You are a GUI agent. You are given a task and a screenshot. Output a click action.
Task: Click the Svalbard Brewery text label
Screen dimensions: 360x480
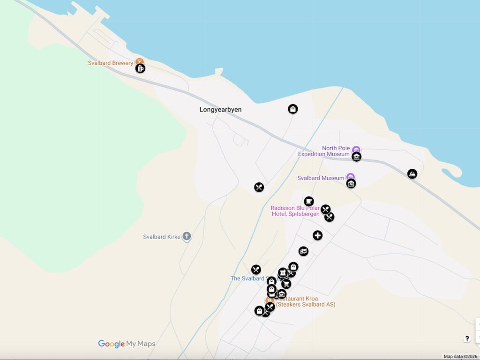pyautogui.click(x=111, y=63)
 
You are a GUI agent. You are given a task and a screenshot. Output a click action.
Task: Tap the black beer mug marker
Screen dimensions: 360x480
pyautogui.click(x=140, y=68)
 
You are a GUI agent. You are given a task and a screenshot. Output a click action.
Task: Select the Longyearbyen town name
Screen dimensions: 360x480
pyautogui.click(x=220, y=110)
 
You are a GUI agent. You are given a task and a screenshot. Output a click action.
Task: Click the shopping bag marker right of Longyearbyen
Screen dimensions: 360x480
pyautogui.click(x=293, y=109)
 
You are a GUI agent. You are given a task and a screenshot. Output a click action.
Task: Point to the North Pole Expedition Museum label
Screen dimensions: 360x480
pyautogui.click(x=324, y=151)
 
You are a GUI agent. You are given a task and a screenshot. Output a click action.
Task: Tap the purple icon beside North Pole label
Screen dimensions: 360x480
pyautogui.click(x=356, y=150)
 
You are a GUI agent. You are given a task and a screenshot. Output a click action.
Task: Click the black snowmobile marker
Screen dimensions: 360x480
pyautogui.click(x=412, y=174)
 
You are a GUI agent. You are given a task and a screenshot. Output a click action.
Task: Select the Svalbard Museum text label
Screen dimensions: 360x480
pyautogui.click(x=321, y=178)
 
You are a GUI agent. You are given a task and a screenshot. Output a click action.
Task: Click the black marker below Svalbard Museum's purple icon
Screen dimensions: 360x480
pyautogui.click(x=351, y=184)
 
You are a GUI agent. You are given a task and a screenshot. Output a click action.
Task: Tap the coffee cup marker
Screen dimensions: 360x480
pyautogui.click(x=308, y=201)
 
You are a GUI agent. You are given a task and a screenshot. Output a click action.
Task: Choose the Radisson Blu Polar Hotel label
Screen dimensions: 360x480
pyautogui.click(x=295, y=211)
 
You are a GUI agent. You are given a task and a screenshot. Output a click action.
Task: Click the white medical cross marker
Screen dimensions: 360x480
pyautogui.click(x=318, y=235)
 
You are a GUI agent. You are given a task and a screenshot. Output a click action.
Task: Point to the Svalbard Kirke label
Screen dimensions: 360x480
pyautogui.click(x=162, y=237)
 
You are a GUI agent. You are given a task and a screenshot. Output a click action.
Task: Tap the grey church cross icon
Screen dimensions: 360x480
pyautogui.click(x=187, y=236)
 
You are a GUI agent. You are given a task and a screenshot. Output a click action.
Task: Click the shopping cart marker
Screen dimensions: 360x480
pyautogui.click(x=286, y=284)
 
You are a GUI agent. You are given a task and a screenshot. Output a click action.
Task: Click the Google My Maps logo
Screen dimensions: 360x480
pyautogui.click(x=127, y=344)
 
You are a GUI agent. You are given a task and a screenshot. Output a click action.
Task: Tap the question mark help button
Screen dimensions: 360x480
pyautogui.click(x=467, y=338)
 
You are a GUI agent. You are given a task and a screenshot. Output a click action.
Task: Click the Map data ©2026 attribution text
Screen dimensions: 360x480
pyautogui.click(x=460, y=357)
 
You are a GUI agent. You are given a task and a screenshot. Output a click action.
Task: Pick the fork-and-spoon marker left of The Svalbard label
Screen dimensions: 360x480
pyautogui.click(x=256, y=270)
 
